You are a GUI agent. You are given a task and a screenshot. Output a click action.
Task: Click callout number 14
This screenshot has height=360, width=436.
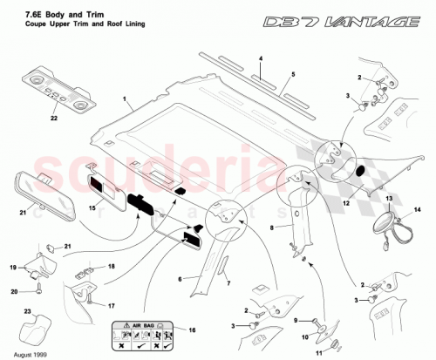point(417,210)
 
